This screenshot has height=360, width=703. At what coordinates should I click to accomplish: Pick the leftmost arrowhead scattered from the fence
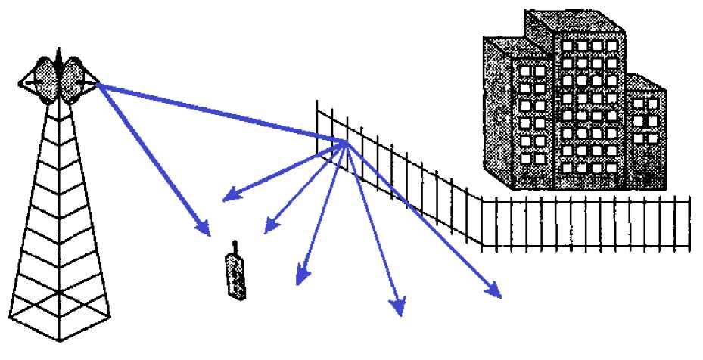[x=228, y=198]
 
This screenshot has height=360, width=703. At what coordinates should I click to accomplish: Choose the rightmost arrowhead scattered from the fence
[x=496, y=292]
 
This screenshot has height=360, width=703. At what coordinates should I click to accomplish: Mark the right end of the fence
[x=689, y=222]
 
